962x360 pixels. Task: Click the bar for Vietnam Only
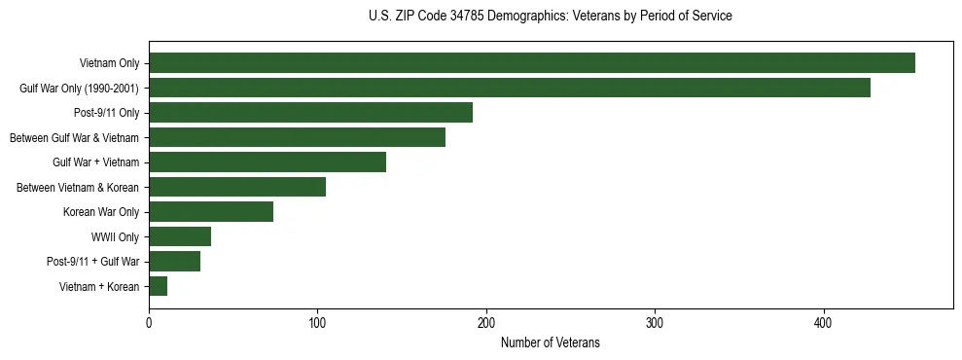[x=532, y=63]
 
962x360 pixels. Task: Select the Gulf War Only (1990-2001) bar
[x=510, y=88]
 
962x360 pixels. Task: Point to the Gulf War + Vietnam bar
[x=267, y=162]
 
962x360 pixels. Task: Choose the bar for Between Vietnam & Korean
[x=237, y=187]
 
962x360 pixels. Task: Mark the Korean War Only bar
[x=211, y=212]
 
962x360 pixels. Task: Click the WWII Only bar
[x=180, y=236]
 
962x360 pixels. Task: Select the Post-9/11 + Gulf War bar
[x=175, y=262]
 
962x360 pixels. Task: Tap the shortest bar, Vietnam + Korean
[x=159, y=286]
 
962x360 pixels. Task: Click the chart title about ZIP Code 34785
[x=551, y=17]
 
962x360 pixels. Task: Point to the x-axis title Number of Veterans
[x=551, y=343]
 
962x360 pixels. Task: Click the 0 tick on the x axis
[x=149, y=323]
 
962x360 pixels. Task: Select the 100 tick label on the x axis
[x=317, y=323]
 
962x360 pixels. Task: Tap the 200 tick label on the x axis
[x=486, y=323]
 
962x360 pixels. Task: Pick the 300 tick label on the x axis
[x=655, y=323]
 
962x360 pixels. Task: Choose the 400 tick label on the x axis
[x=824, y=323]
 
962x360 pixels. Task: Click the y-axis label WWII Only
[x=115, y=236]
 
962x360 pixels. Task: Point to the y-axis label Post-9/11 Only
[x=106, y=113]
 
